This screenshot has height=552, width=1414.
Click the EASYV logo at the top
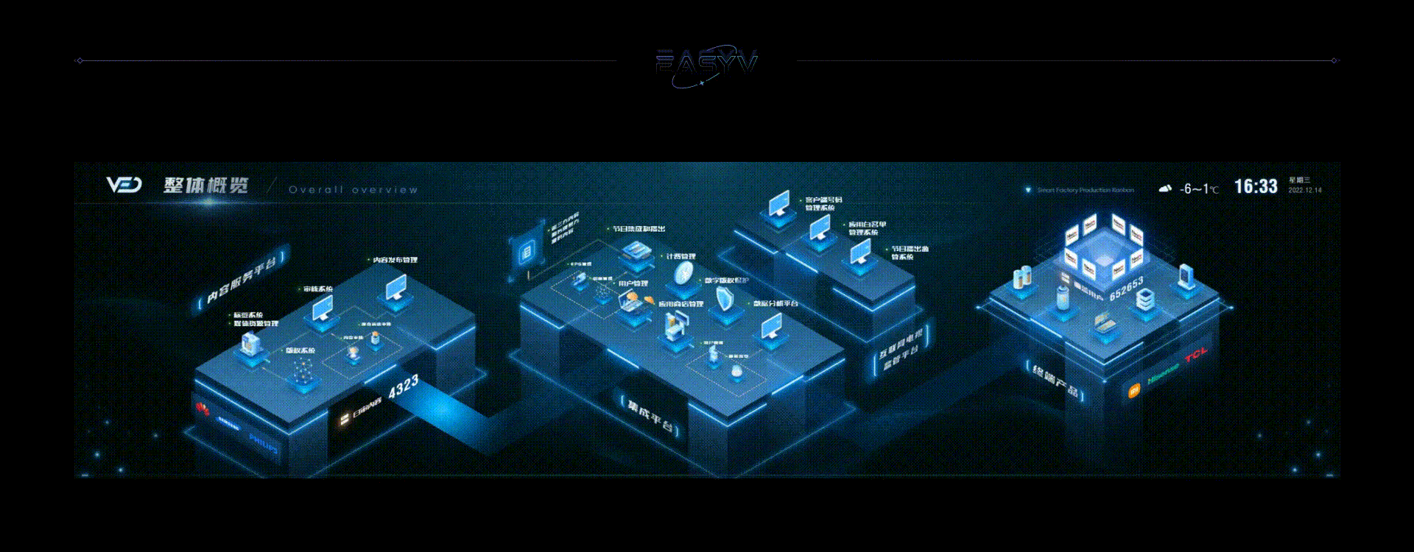706,65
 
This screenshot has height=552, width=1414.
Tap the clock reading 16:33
1256,186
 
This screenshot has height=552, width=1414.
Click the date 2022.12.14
1304,190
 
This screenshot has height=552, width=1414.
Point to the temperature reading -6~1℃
1199,189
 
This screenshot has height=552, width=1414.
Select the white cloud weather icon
1165,188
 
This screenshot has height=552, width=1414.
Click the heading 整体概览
206,185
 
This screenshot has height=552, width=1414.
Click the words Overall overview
353,190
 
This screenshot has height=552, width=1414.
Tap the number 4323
404,386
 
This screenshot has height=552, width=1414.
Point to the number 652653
1126,288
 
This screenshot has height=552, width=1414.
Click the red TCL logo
1196,357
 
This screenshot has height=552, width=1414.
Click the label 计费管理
680,256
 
